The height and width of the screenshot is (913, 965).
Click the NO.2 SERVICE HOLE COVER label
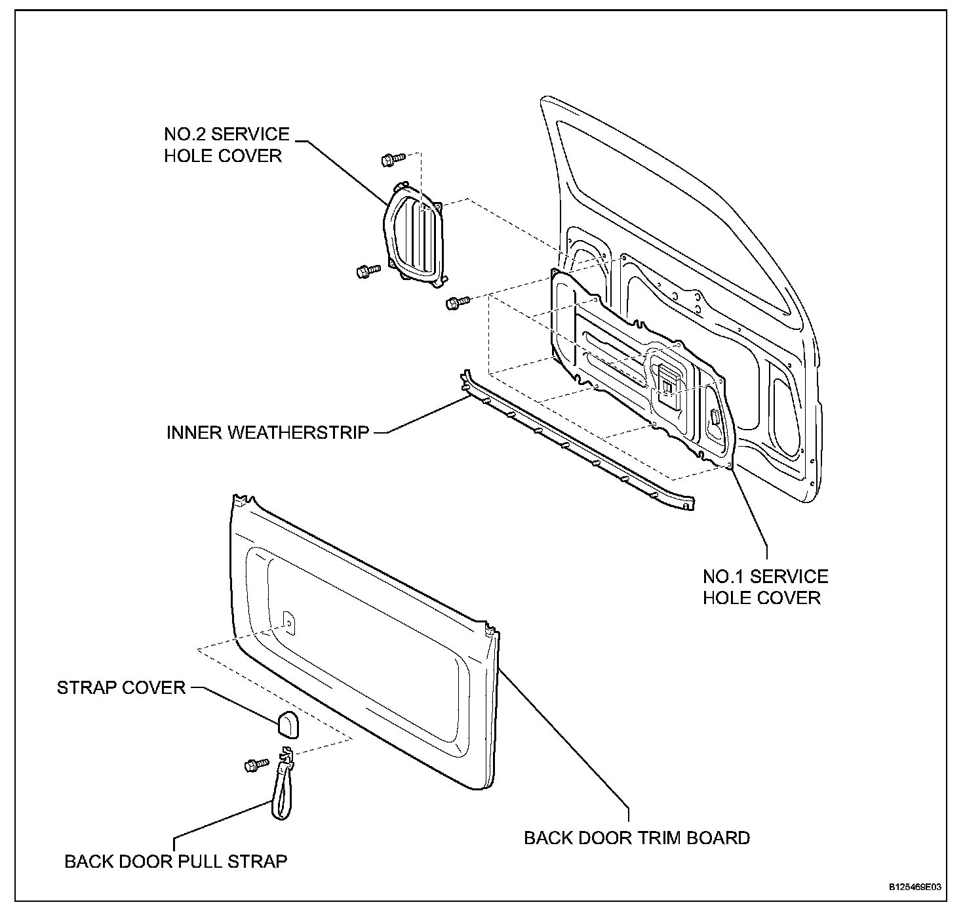226,144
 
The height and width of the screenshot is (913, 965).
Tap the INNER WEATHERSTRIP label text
267,432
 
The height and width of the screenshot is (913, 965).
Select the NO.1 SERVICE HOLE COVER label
765,587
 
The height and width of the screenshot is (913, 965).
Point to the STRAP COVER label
121,687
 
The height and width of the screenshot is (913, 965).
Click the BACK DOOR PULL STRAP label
176,861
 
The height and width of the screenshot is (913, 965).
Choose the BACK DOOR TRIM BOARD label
637,838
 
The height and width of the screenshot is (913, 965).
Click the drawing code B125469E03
915,887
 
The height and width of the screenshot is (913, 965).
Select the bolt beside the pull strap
256,764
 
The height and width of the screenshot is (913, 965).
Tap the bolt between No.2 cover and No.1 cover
458,302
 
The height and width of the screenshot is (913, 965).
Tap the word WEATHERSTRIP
303,432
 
